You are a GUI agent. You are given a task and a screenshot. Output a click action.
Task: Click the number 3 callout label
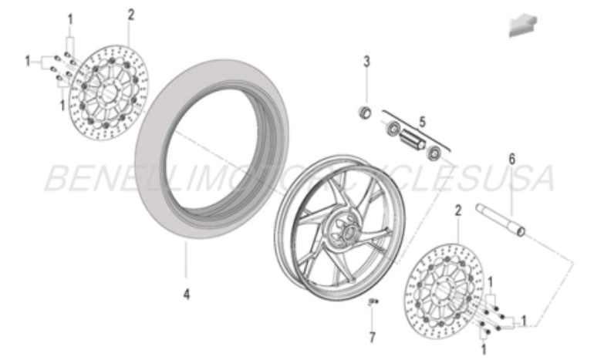[367, 62]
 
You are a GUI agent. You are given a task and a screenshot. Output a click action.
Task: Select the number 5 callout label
[422, 121]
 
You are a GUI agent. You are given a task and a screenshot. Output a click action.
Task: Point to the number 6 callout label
[511, 160]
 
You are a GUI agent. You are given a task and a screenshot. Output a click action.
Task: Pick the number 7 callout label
[371, 338]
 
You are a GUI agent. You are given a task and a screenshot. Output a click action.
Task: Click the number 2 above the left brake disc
[130, 14]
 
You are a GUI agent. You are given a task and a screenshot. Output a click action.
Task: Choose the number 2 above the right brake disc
[457, 210]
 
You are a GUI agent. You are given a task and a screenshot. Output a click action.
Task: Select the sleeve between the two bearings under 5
[413, 141]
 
